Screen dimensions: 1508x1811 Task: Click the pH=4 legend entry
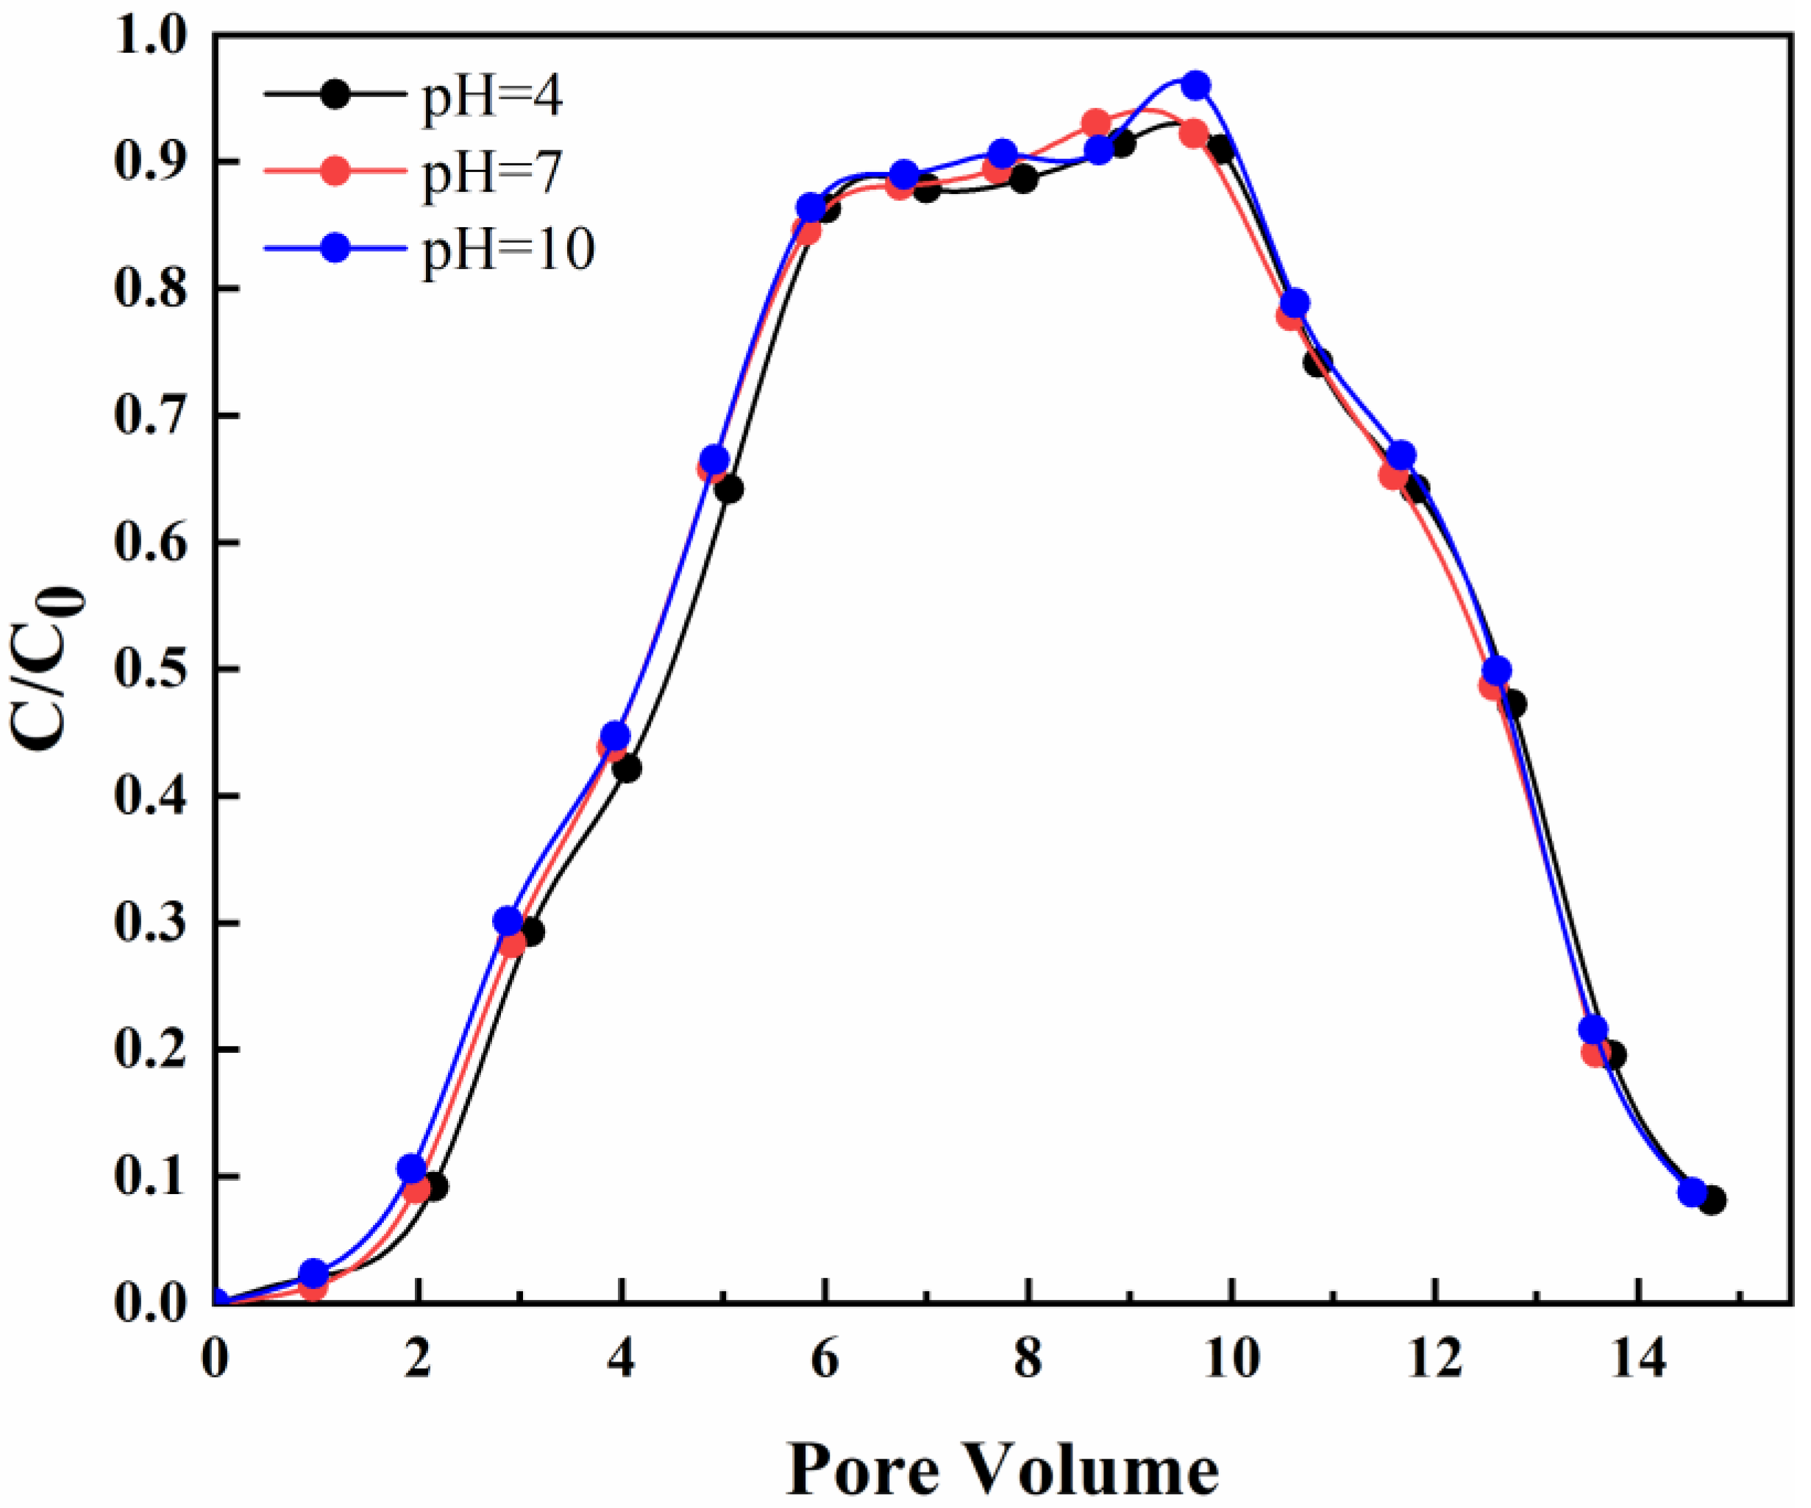[x=491, y=96]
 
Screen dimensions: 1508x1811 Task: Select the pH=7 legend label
[x=491, y=171]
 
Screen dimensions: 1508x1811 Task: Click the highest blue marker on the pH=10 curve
[x=1195, y=85]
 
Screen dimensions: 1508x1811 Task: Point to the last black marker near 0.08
[x=1712, y=1200]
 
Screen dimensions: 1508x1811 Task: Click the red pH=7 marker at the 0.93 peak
[x=1096, y=124]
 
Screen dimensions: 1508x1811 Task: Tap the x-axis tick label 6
[x=825, y=1362]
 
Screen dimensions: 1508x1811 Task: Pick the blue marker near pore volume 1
[x=314, y=1273]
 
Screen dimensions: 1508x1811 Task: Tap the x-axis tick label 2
[x=419, y=1362]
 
